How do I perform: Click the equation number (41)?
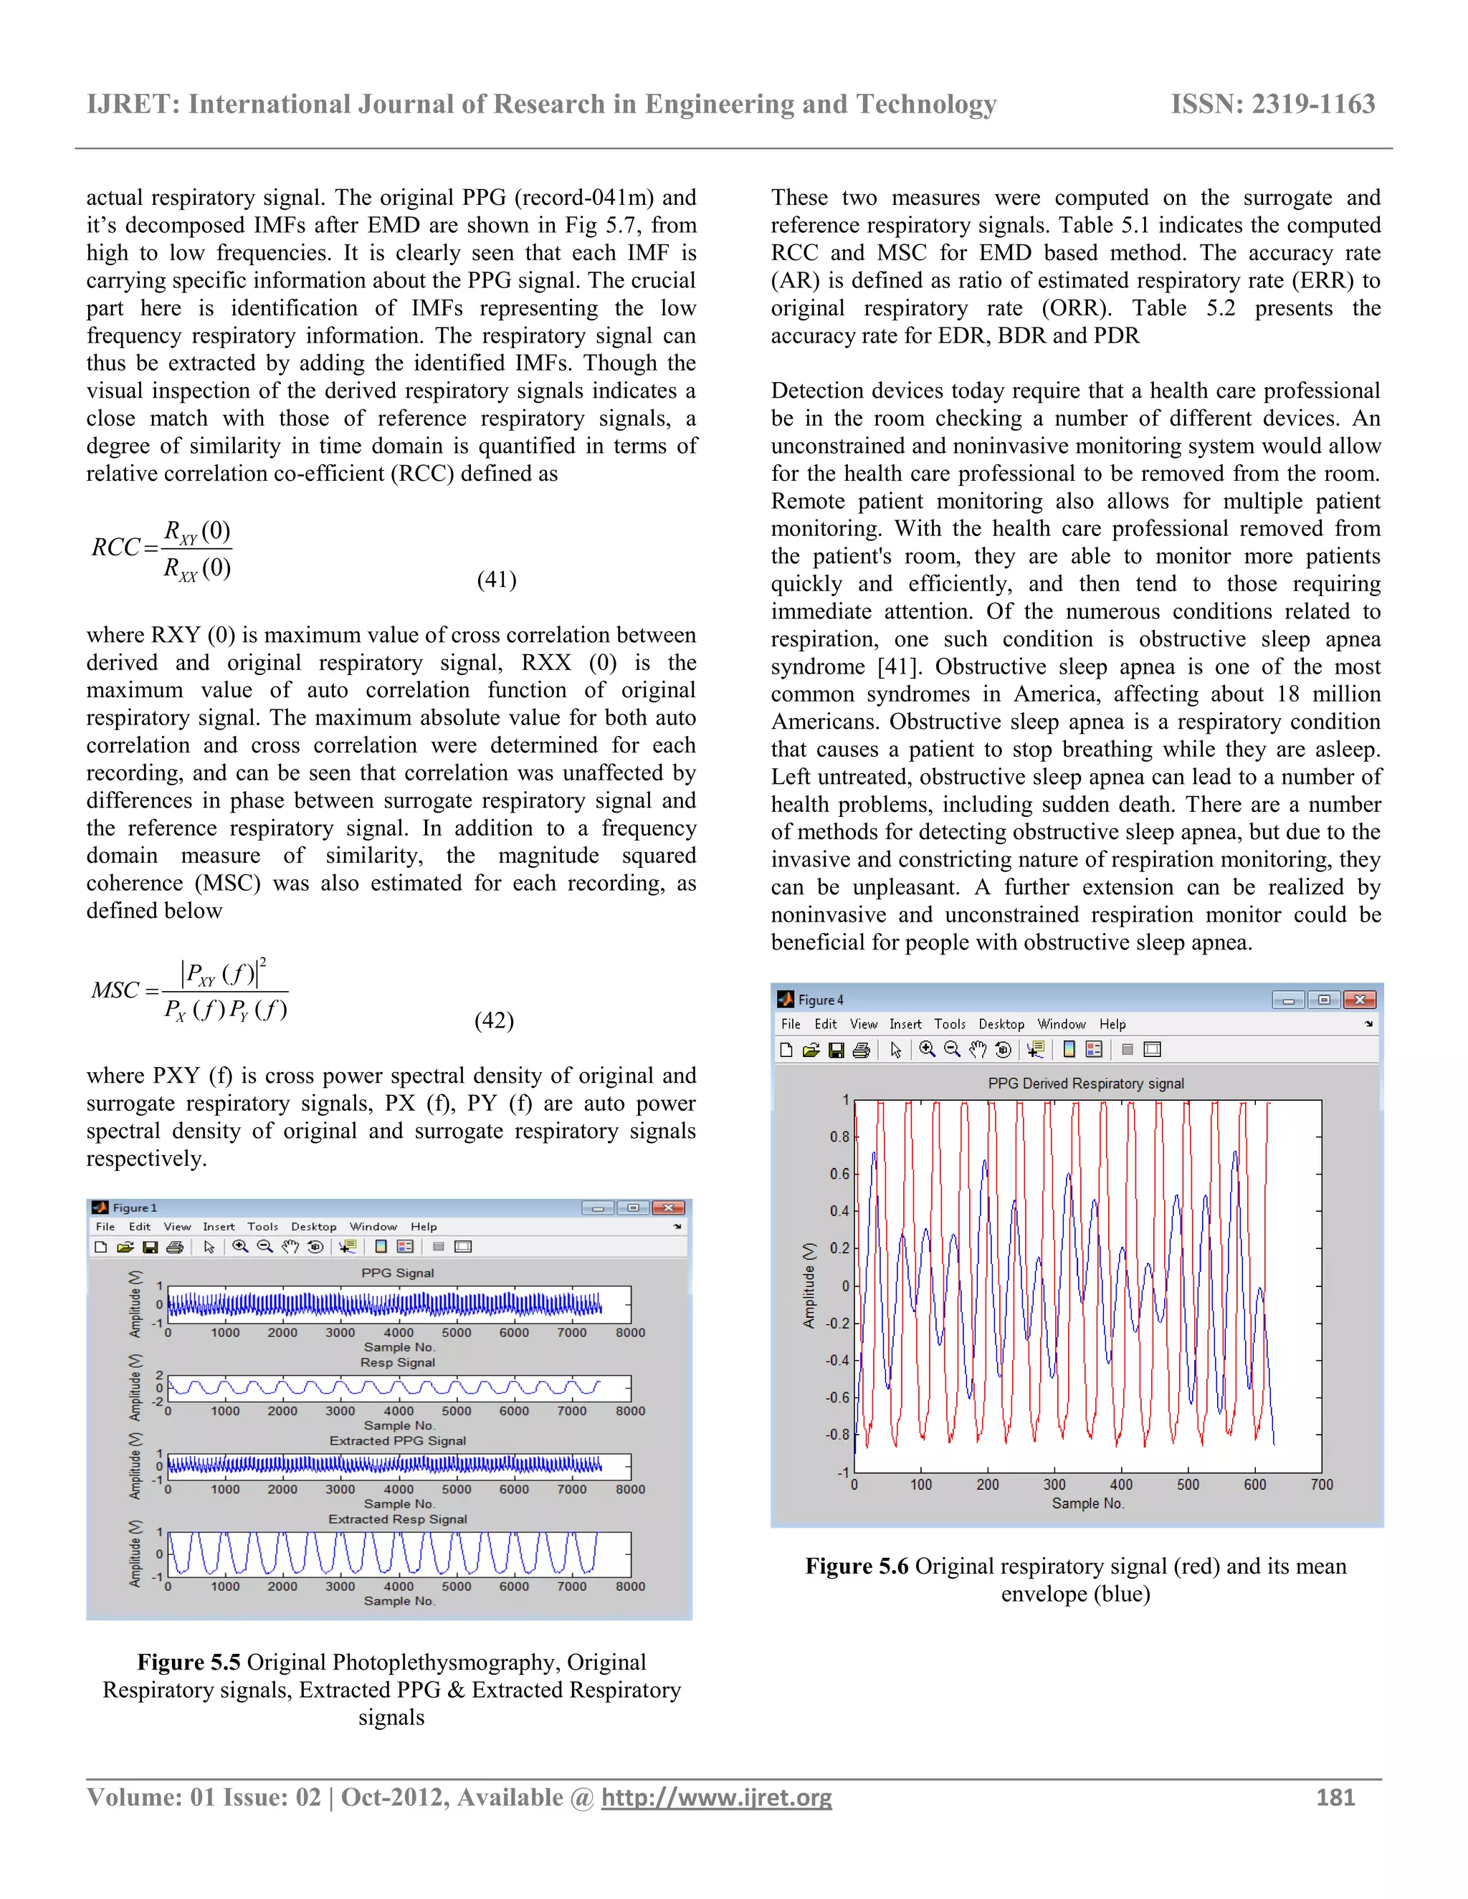[497, 579]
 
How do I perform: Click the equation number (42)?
[494, 1020]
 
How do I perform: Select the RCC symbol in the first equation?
[115, 547]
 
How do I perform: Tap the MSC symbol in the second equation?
[115, 990]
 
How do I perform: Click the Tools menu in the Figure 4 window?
[950, 1024]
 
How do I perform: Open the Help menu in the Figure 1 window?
[424, 1227]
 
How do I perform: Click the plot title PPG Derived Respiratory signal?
[1085, 1084]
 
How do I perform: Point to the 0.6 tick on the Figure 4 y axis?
[839, 1174]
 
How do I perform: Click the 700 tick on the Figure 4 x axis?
[1321, 1484]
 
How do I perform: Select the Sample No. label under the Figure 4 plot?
[1088, 1503]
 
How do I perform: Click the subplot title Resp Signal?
[397, 1362]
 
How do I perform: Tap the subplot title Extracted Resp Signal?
[397, 1519]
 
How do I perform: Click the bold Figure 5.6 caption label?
[857, 1566]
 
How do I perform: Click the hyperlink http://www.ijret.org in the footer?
[717, 1797]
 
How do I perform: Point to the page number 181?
[1336, 1797]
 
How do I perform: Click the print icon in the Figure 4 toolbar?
[861, 1051]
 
